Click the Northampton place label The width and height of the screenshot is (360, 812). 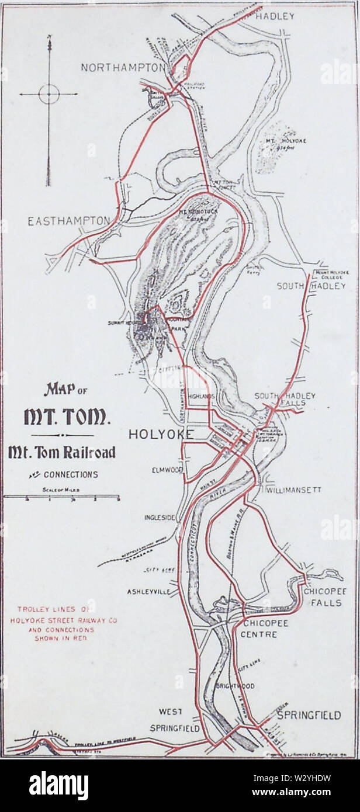pos(123,68)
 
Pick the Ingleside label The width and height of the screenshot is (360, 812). pos(160,518)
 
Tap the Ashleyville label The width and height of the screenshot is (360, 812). pos(148,591)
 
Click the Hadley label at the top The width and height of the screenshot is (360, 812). pos(275,16)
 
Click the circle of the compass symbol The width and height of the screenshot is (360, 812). pos(49,93)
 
